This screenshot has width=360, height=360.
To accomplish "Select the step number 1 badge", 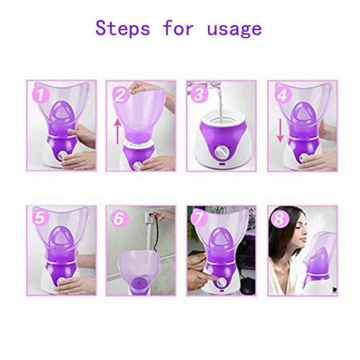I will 42,93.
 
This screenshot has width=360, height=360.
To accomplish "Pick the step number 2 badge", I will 122,93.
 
